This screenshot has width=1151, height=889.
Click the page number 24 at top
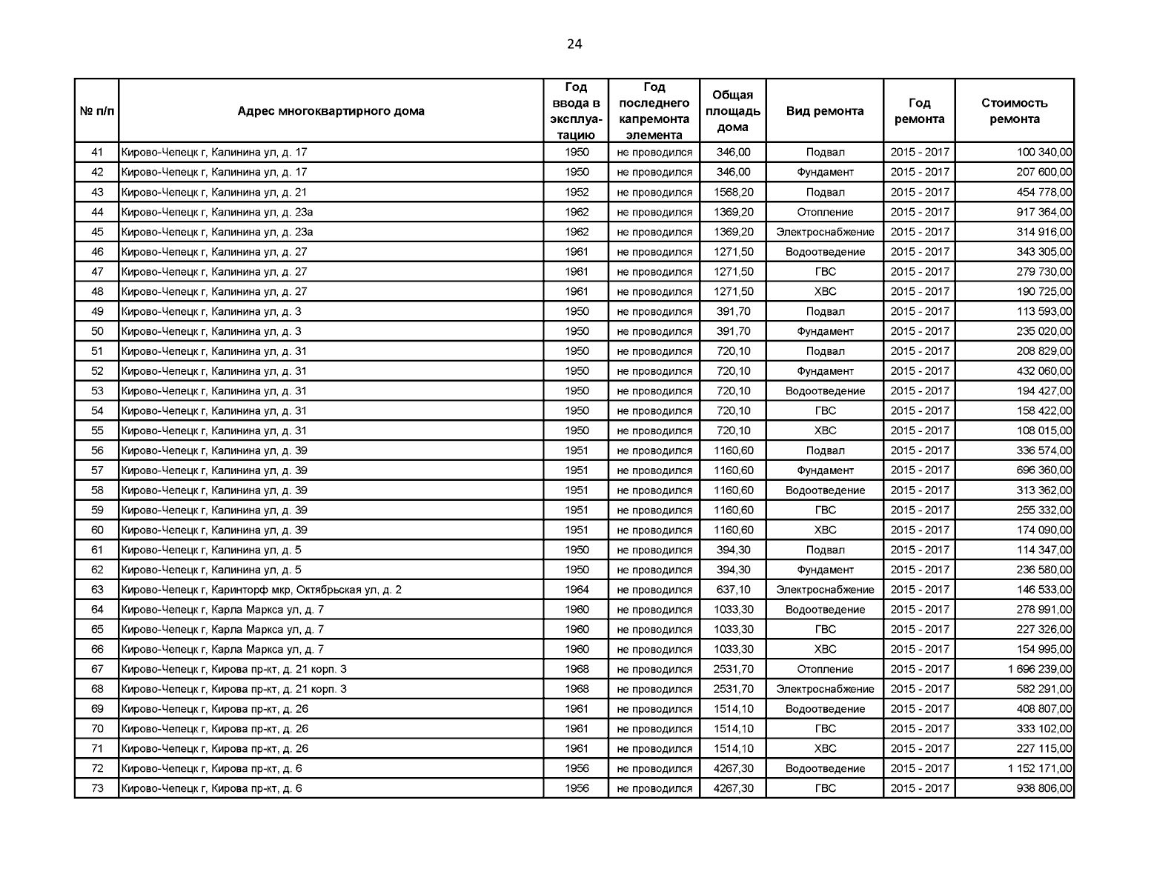pyautogui.click(x=574, y=44)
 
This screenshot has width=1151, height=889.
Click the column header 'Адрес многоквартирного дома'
pyautogui.click(x=331, y=111)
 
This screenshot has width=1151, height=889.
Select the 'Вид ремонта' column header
pyautogui.click(x=825, y=111)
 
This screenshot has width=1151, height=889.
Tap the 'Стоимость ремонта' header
pyautogui.click(x=1014, y=111)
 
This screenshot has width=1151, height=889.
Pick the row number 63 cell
pyautogui.click(x=97, y=590)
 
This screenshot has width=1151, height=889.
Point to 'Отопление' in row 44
pyautogui.click(x=825, y=212)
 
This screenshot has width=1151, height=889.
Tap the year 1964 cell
pyautogui.click(x=577, y=590)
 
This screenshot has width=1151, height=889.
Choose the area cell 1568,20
pyautogui.click(x=733, y=192)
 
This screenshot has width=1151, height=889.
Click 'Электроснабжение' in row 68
pyautogui.click(x=825, y=689)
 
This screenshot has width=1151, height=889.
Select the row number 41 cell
pyautogui.click(x=97, y=152)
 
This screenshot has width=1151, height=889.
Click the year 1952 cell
pyautogui.click(x=577, y=192)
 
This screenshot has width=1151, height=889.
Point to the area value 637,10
pyautogui.click(x=733, y=590)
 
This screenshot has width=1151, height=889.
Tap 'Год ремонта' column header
pyautogui.click(x=919, y=111)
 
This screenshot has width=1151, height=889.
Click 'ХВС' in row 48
pyautogui.click(x=825, y=291)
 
